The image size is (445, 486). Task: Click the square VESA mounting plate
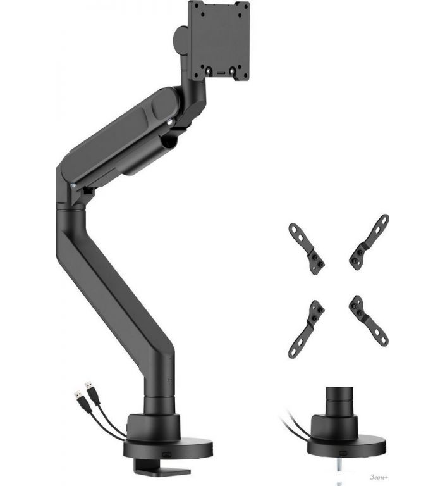coord(219,40)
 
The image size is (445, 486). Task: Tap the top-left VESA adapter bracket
coord(307,249)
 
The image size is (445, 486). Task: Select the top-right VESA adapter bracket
coord(369,242)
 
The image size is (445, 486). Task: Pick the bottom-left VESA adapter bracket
coord(307,329)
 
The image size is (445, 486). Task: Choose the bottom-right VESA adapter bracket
coord(369,320)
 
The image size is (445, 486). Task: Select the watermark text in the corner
coord(379,477)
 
